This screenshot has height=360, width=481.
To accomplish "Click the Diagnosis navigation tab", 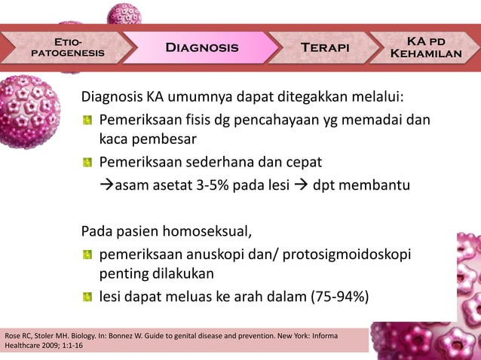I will click(x=201, y=47).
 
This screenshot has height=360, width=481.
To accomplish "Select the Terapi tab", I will click(x=325, y=47).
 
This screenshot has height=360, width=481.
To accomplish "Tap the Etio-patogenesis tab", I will click(x=68, y=47).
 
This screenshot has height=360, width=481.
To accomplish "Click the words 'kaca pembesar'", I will click(x=148, y=139).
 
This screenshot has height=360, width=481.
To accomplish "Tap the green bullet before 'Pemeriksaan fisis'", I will click(x=89, y=121).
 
